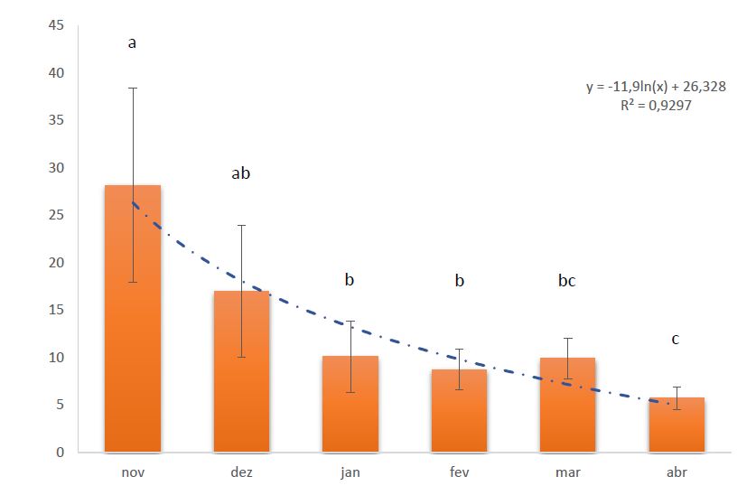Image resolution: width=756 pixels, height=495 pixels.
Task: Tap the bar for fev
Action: [459, 416]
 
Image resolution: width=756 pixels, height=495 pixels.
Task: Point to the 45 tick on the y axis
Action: [56, 25]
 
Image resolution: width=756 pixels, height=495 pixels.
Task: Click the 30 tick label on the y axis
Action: [56, 168]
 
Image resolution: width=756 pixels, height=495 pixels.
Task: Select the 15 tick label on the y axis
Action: [56, 310]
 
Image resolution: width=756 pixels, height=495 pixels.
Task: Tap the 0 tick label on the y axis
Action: [60, 453]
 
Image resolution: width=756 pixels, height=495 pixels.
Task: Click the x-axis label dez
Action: [241, 472]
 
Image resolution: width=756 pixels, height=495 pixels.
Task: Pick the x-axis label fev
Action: [459, 472]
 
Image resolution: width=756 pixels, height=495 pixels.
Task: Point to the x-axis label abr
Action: [676, 472]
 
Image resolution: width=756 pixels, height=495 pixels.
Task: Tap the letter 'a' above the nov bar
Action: [133, 43]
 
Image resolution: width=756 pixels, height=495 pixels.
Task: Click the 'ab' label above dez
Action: [241, 173]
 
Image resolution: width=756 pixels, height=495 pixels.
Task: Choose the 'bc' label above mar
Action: [567, 281]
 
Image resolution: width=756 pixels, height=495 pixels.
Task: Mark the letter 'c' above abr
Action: [676, 340]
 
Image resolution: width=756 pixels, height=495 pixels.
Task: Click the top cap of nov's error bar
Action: [133, 88]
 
